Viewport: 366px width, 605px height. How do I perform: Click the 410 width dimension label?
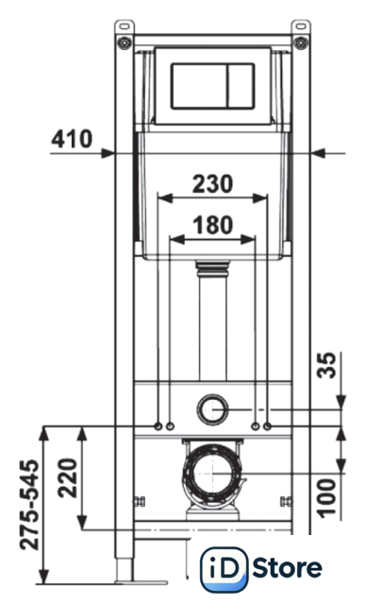tap(72, 139)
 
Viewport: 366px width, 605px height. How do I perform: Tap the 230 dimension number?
tap(213, 183)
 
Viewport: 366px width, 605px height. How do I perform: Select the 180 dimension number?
tap(213, 225)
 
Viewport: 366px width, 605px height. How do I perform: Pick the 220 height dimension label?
tap(68, 477)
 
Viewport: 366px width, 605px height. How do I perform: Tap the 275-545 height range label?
tap(30, 505)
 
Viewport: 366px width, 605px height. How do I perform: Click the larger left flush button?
tap(199, 86)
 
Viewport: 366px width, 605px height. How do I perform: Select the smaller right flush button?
tap(241, 86)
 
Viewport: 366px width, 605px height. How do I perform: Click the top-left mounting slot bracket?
tap(125, 26)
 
